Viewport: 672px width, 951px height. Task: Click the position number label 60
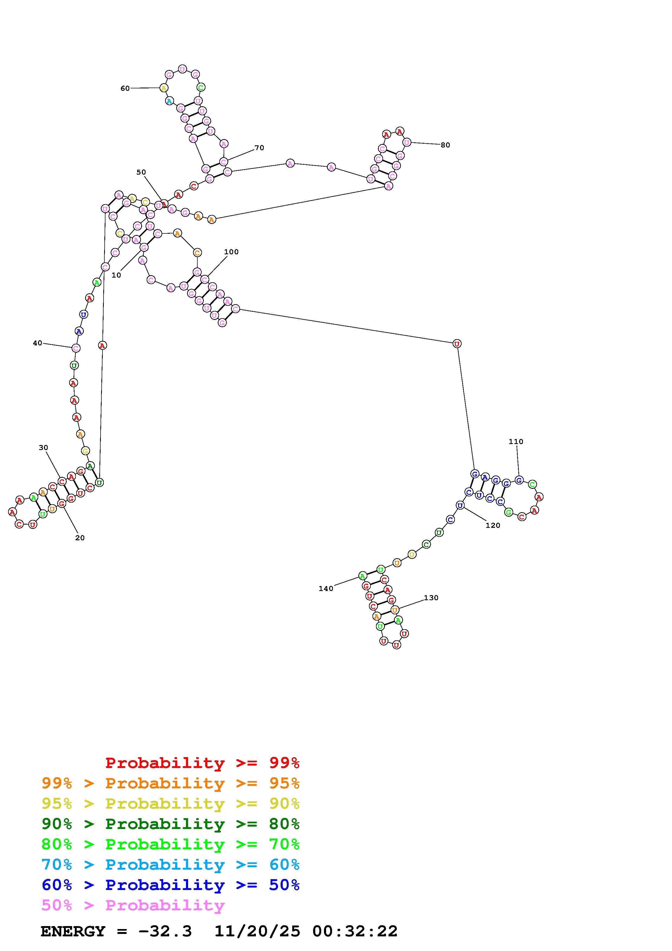click(125, 88)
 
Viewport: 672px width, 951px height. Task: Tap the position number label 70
click(259, 148)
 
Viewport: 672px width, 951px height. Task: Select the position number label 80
click(445, 145)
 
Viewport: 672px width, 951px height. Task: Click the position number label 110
click(516, 442)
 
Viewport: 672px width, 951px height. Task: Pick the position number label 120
click(493, 525)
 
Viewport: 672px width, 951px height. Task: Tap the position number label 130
click(431, 598)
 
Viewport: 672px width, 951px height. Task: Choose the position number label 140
click(326, 589)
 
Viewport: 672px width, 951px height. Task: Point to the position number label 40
click(37, 343)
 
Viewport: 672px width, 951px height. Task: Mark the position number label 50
click(141, 172)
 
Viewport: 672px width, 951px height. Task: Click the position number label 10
click(116, 275)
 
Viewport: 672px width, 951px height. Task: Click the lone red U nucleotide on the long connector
click(457, 343)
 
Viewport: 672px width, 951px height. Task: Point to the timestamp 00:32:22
click(355, 931)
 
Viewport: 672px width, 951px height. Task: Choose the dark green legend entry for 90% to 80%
click(171, 824)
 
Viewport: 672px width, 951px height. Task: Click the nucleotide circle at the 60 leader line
click(164, 88)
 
